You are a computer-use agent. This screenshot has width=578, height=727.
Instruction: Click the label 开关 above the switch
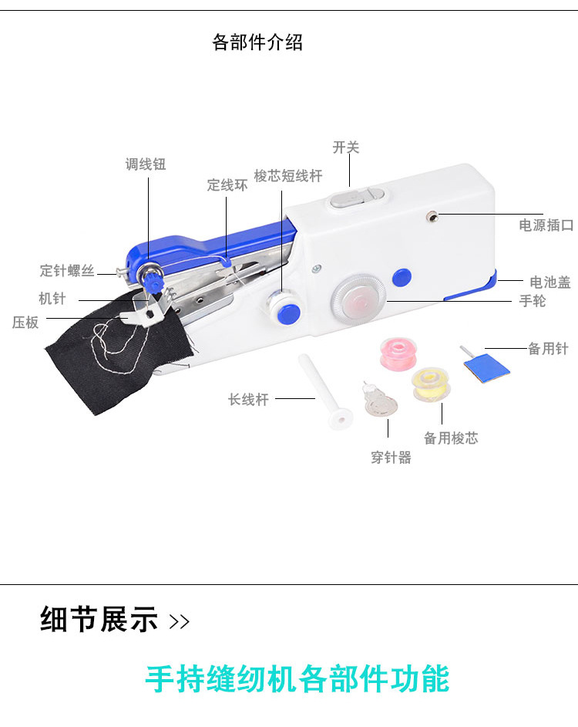(346, 147)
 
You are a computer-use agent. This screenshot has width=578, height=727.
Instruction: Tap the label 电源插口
(546, 225)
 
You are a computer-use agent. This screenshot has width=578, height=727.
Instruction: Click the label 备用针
(548, 349)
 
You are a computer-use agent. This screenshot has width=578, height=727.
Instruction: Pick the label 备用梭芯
(451, 438)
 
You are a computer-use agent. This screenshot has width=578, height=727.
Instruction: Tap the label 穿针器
(391, 458)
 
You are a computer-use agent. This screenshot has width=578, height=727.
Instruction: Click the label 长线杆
(248, 400)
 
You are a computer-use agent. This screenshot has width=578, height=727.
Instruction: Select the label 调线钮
(146, 164)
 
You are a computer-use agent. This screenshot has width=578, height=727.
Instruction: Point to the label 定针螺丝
(67, 271)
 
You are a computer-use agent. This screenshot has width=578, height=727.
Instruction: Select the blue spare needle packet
(487, 363)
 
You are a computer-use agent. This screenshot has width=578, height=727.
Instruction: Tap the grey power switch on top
(352, 199)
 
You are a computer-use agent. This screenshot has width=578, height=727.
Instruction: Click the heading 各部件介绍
(257, 42)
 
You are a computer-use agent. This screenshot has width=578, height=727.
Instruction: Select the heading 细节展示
(99, 620)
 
